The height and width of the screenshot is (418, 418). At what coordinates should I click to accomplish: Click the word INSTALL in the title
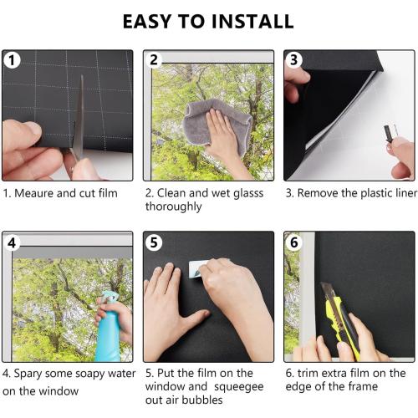coord(252,22)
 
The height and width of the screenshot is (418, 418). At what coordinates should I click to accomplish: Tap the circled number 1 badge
coord(12,60)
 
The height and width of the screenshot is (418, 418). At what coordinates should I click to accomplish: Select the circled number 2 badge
coord(154,60)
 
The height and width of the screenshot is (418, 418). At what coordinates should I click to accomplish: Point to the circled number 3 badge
coord(294,59)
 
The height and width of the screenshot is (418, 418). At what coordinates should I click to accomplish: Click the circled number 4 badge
coord(12,242)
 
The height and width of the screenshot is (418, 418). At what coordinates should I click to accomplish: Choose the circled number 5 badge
coord(154,242)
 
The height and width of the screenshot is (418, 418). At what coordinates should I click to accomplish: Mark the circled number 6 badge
coord(294,242)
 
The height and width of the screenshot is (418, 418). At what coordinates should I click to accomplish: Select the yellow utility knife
coord(341,320)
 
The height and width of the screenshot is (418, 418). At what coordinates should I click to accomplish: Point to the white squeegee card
coord(197,269)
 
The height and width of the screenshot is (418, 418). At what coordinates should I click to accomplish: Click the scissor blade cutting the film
coord(80,117)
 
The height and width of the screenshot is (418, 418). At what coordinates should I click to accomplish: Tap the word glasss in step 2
coord(248,194)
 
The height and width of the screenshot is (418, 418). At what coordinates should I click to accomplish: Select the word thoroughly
coord(173,207)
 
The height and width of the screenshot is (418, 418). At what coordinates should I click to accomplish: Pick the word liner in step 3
coord(406,193)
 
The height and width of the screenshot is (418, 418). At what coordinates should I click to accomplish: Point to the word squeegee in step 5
coord(239,387)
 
